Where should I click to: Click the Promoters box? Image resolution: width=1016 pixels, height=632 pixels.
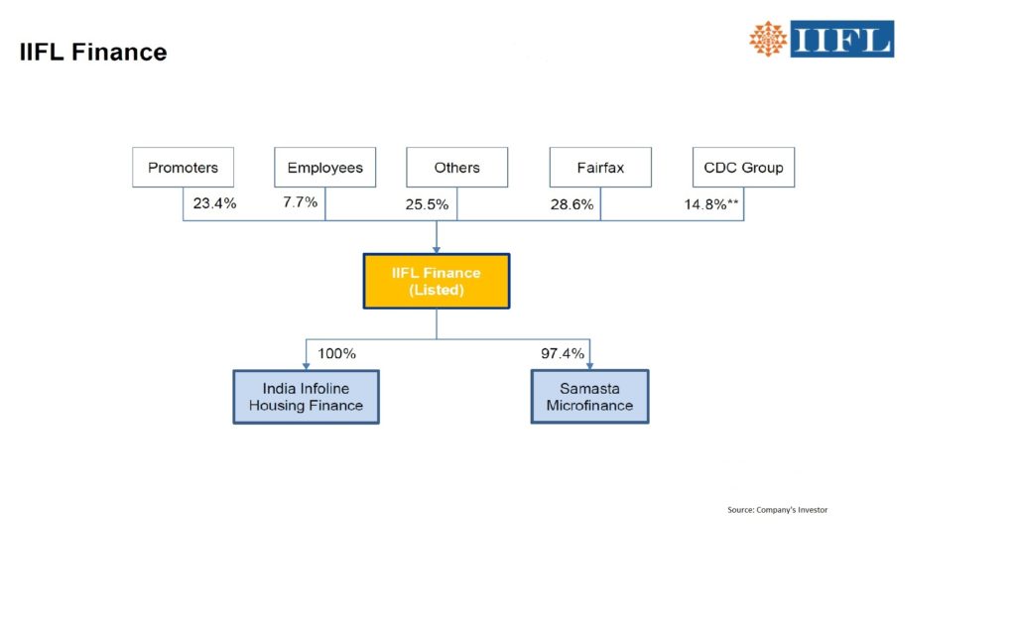click(183, 168)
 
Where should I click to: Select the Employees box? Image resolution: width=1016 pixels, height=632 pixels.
click(324, 168)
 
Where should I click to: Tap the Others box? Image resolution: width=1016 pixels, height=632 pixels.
click(456, 168)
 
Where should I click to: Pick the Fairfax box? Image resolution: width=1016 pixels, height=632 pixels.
click(600, 168)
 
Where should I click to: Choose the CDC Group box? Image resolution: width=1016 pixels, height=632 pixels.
click(743, 168)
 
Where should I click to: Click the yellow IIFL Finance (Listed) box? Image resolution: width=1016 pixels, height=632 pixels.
click(437, 281)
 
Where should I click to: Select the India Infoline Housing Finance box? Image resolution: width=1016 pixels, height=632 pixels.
click(306, 397)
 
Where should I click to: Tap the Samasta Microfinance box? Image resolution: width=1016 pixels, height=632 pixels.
click(589, 397)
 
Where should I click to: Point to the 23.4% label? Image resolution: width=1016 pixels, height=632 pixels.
click(215, 203)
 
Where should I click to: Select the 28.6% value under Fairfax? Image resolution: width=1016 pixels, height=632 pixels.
click(571, 204)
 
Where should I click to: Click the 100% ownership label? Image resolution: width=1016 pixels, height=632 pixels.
click(336, 353)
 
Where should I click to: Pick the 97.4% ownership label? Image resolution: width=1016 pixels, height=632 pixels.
click(562, 352)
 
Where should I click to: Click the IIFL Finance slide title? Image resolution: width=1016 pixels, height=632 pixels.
click(93, 53)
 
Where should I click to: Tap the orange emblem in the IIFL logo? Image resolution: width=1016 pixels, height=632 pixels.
click(768, 39)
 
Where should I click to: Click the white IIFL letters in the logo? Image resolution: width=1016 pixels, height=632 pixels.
click(841, 39)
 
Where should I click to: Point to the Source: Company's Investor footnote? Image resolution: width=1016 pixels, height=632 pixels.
click(777, 510)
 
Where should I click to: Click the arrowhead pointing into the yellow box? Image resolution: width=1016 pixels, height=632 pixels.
click(437, 248)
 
